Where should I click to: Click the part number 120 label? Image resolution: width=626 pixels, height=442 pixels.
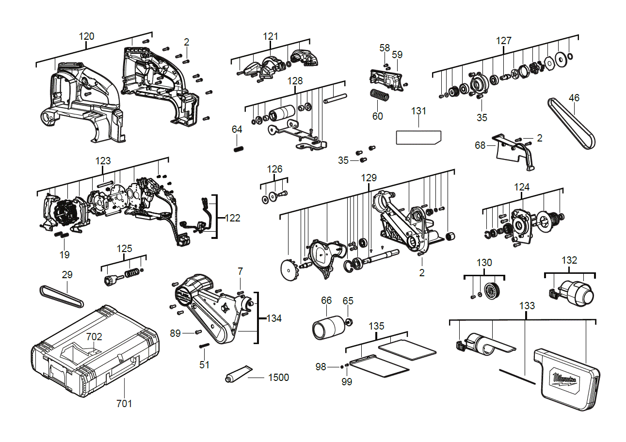click(87, 36)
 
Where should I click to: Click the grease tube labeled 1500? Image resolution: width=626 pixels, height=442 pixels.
click(238, 374)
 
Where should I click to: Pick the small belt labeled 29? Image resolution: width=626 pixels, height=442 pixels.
click(61, 297)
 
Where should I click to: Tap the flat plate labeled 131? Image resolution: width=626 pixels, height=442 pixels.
click(418, 137)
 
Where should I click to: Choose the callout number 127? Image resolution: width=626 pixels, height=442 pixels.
click(503, 41)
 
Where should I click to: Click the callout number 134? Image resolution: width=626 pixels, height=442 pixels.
click(274, 318)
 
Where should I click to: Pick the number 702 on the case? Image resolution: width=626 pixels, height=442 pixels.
click(95, 336)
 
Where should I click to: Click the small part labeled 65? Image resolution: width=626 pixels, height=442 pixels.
click(348, 321)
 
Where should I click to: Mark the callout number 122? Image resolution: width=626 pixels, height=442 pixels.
click(232, 218)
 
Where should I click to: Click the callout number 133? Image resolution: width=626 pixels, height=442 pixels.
click(527, 305)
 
